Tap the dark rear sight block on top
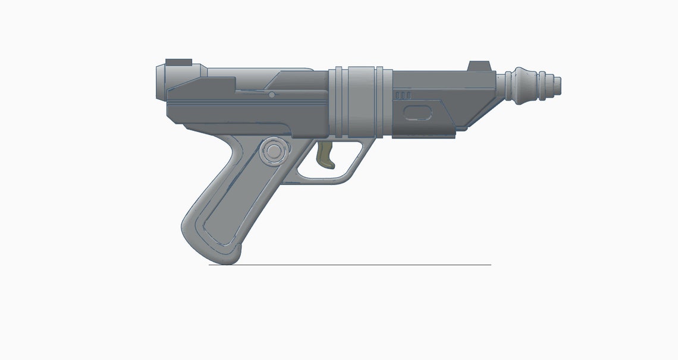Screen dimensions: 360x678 [x=178, y=62]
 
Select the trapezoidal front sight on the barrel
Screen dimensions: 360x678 [x=478, y=66]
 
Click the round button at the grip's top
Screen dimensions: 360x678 [x=274, y=151]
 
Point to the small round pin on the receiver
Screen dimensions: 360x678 [x=271, y=95]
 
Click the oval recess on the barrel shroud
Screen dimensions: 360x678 [x=417, y=112]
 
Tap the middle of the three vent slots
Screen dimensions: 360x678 [x=403, y=95]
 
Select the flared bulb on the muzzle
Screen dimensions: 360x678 [x=524, y=86]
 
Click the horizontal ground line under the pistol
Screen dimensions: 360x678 [x=357, y=265]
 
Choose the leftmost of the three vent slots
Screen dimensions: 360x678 [x=398, y=95]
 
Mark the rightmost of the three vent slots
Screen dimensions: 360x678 [x=408, y=95]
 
